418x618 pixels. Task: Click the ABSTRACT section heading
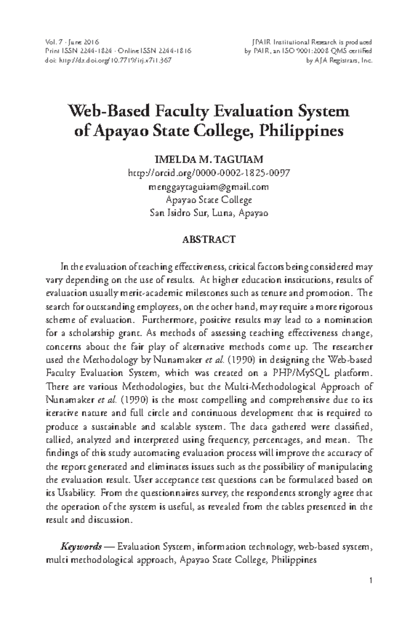(x=209, y=240)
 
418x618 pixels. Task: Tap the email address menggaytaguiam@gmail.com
(x=209, y=187)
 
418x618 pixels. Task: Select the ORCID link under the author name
(x=209, y=173)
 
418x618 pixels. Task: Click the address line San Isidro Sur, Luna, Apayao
(x=209, y=213)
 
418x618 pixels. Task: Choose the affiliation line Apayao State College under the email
(x=209, y=200)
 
